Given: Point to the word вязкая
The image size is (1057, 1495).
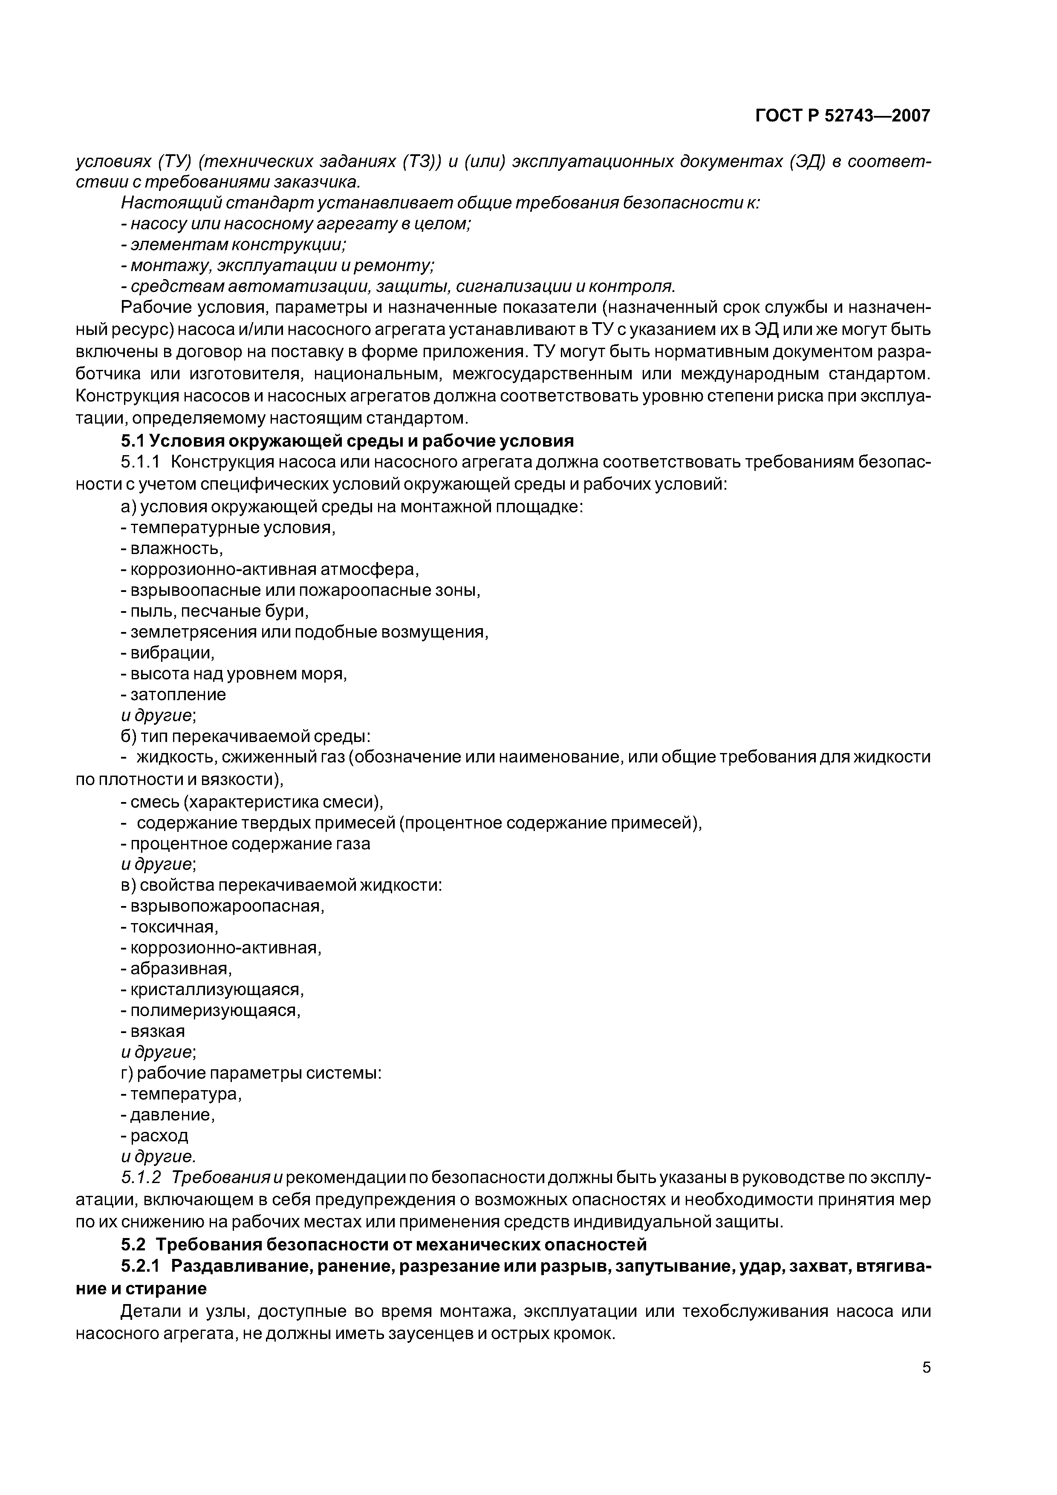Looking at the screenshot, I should click(x=158, y=1031).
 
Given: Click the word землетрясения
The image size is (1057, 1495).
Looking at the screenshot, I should click(x=195, y=632).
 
